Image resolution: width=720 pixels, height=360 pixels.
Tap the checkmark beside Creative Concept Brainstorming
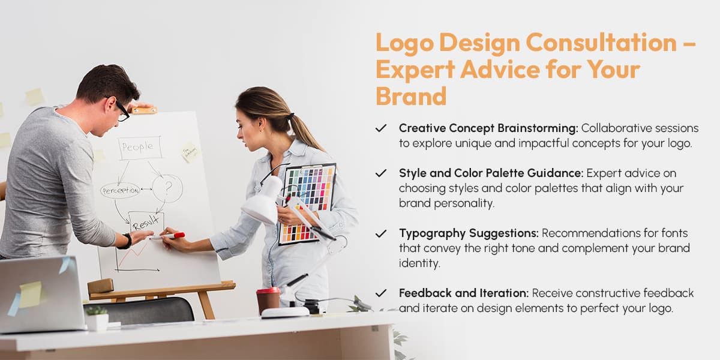[x=380, y=128]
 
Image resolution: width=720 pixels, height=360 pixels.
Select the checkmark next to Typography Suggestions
[x=380, y=233]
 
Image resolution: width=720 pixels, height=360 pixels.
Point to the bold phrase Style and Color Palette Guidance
[x=491, y=173]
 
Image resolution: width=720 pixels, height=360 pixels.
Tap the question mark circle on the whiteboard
[x=167, y=188]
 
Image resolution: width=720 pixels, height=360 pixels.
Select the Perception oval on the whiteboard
[x=120, y=191]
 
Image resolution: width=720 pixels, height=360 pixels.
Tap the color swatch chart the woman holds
[x=307, y=201]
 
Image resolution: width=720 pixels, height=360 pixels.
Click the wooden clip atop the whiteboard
[x=143, y=110]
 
